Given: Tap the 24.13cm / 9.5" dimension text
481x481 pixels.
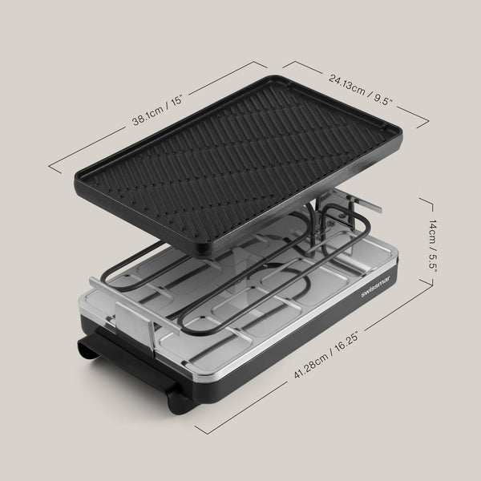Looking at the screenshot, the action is click(x=361, y=90).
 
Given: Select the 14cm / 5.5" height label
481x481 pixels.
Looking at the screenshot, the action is click(x=433, y=245).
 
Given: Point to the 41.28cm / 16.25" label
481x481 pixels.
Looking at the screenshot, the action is click(x=326, y=355).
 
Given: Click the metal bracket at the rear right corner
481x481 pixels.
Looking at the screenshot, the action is click(x=365, y=204).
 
